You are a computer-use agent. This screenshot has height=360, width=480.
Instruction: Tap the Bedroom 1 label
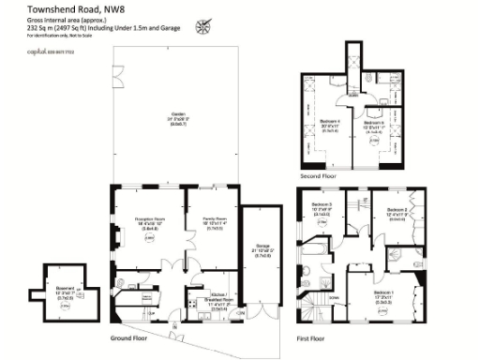coord(383,297)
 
